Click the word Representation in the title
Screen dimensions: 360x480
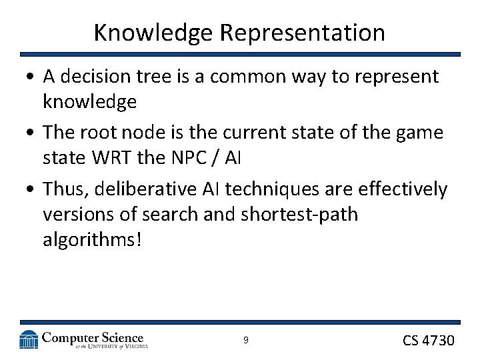(311, 33)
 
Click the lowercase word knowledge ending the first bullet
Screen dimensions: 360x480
(89, 101)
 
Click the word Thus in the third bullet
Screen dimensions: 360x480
(65, 189)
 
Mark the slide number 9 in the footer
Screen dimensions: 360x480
(245, 341)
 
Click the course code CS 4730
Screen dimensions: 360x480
(428, 341)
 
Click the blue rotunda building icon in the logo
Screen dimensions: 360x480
(29, 339)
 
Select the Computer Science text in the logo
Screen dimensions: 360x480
(93, 337)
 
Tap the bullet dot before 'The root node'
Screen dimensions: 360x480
(31, 133)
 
